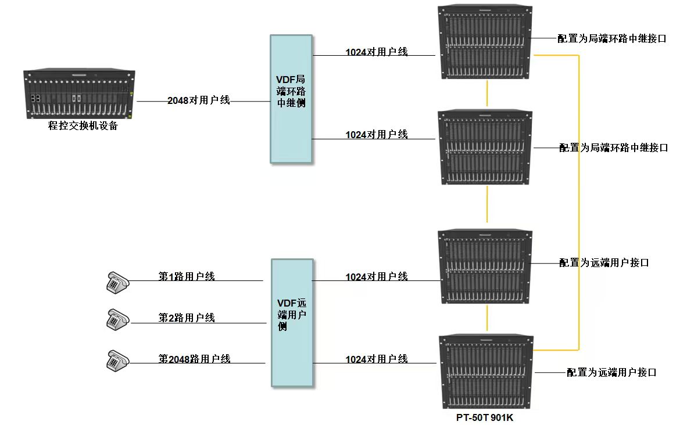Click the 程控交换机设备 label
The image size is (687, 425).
click(83, 126)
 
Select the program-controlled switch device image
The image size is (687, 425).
click(79, 95)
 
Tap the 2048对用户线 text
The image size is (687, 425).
click(199, 100)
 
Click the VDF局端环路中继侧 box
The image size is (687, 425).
click(291, 99)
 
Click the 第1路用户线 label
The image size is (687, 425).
click(187, 276)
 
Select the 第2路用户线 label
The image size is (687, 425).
click(187, 318)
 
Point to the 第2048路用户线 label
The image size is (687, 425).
click(195, 359)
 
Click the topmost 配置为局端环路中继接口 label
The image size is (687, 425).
click(611, 39)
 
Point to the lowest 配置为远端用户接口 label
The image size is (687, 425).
click(611, 372)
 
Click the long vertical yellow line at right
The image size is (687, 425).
click(579, 203)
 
